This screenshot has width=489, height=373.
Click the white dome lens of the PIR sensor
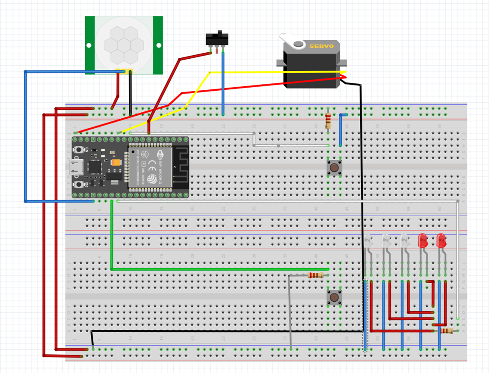[x=124, y=44]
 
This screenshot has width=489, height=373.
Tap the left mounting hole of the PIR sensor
[x=89, y=45]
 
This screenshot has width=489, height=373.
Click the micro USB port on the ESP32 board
[x=76, y=167]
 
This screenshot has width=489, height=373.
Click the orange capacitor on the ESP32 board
[x=116, y=163]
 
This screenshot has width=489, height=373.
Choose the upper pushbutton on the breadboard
[x=334, y=168]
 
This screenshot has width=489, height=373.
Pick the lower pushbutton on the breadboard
[x=334, y=297]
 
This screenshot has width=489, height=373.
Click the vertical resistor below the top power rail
[x=328, y=121]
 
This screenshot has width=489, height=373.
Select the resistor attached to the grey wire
[x=315, y=275]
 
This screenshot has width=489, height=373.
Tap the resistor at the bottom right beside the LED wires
[x=446, y=331]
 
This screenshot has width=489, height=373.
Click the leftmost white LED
[x=368, y=241]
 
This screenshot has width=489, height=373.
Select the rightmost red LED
[x=441, y=240]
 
